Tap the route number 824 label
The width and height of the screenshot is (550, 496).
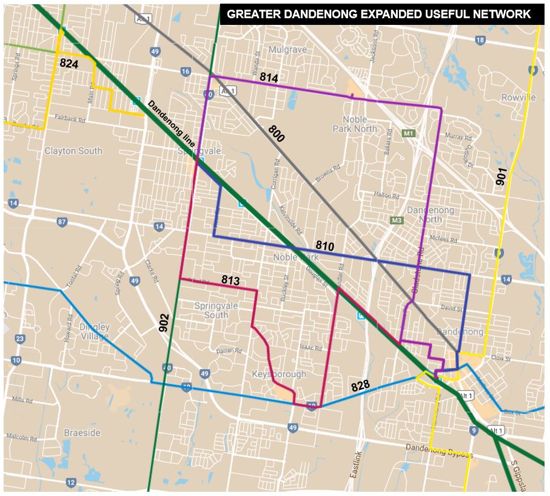[x=69, y=63]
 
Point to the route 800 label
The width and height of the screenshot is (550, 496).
[x=277, y=134]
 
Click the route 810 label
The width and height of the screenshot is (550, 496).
[x=326, y=245]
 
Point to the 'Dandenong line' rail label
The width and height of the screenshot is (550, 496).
[x=171, y=123]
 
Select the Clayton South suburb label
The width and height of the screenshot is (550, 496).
[x=73, y=151]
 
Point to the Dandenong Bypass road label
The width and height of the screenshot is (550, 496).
[x=441, y=451]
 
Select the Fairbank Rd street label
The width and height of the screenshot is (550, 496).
[x=72, y=117]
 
